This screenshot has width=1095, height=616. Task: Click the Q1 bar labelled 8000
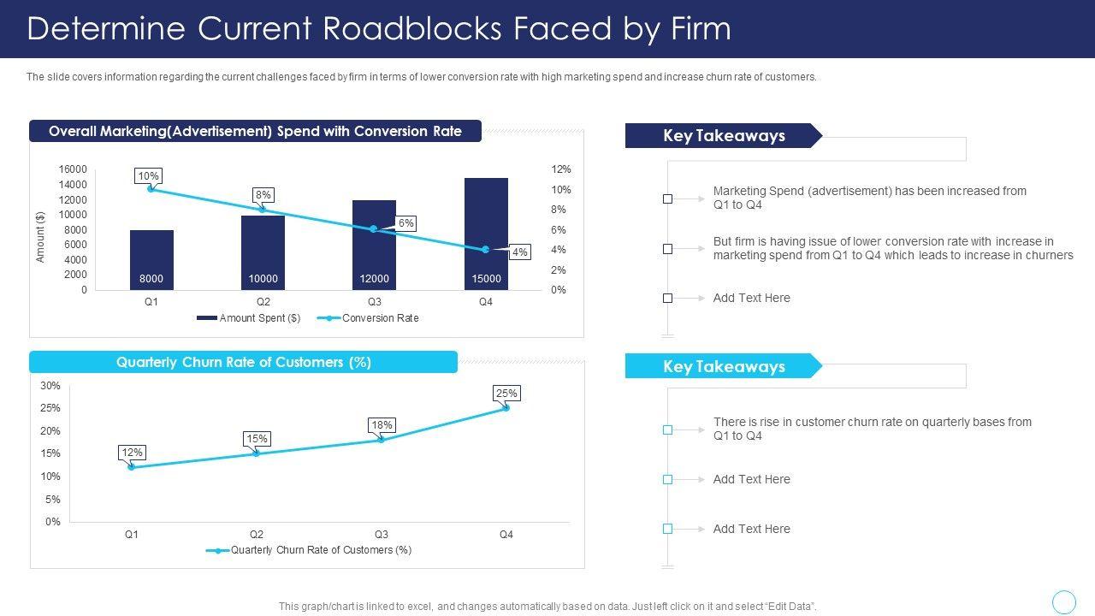tap(151, 260)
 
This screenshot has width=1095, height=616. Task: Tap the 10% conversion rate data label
tap(148, 176)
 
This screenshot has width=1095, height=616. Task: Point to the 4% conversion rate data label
tap(519, 252)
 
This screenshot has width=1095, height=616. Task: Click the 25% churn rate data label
tap(506, 394)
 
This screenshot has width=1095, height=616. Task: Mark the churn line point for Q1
tap(131, 467)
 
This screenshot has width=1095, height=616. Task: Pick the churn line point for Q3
tap(381, 440)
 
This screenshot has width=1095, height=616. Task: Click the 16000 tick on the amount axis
tap(73, 169)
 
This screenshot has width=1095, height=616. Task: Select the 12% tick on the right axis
tap(560, 169)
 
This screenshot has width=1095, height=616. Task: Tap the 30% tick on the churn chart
tap(50, 386)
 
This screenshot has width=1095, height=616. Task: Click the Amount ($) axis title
tap(40, 237)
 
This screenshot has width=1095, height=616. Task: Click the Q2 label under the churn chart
tap(257, 535)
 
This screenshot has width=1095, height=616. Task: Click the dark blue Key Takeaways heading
tap(724, 136)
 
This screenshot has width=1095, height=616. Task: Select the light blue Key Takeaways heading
tap(724, 367)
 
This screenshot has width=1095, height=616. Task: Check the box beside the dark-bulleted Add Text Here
tap(667, 299)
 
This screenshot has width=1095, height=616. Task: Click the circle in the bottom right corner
tap(1063, 602)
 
